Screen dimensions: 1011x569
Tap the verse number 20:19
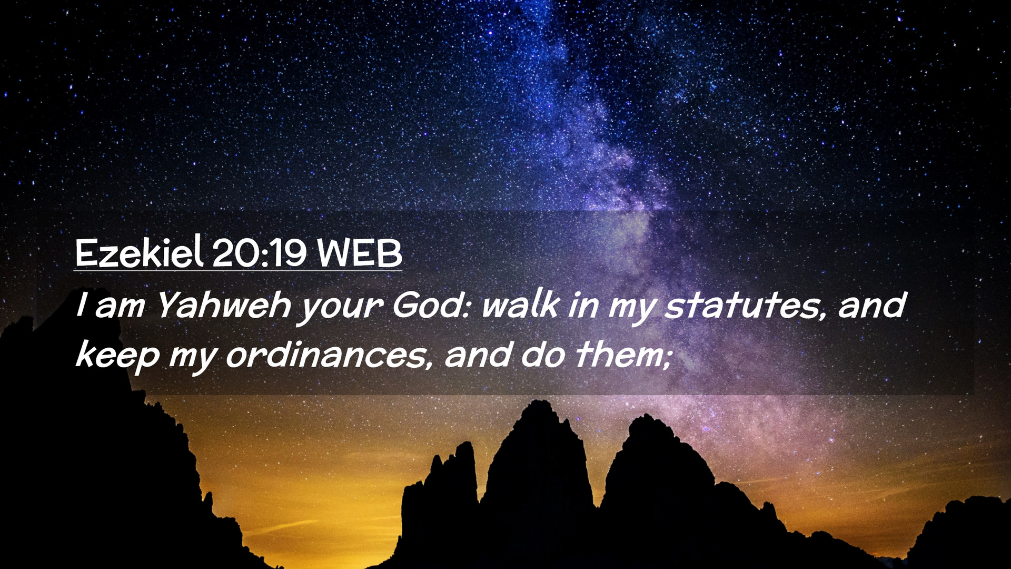(260, 252)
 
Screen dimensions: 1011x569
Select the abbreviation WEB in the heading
(360, 253)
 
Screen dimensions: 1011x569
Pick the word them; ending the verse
(624, 355)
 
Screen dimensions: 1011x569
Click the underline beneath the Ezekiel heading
(238, 271)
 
